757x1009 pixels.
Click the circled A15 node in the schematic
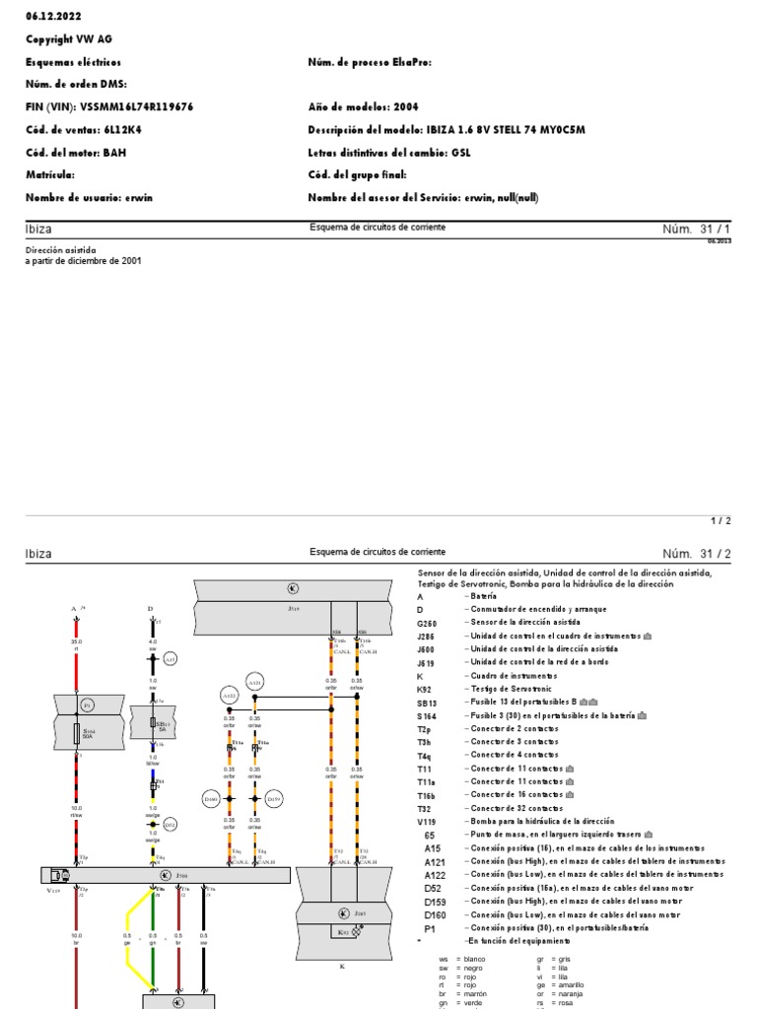[170, 658]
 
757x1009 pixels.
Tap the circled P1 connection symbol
[86, 706]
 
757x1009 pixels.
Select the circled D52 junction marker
[170, 824]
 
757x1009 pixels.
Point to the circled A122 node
[229, 696]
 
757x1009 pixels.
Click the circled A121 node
[254, 682]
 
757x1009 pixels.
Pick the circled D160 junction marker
[211, 798]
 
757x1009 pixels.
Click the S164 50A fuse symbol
[77, 733]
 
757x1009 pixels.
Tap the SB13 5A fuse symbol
[152, 723]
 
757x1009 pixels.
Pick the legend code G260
[429, 623]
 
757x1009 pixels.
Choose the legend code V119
[428, 821]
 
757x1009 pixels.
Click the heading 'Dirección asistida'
[61, 250]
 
